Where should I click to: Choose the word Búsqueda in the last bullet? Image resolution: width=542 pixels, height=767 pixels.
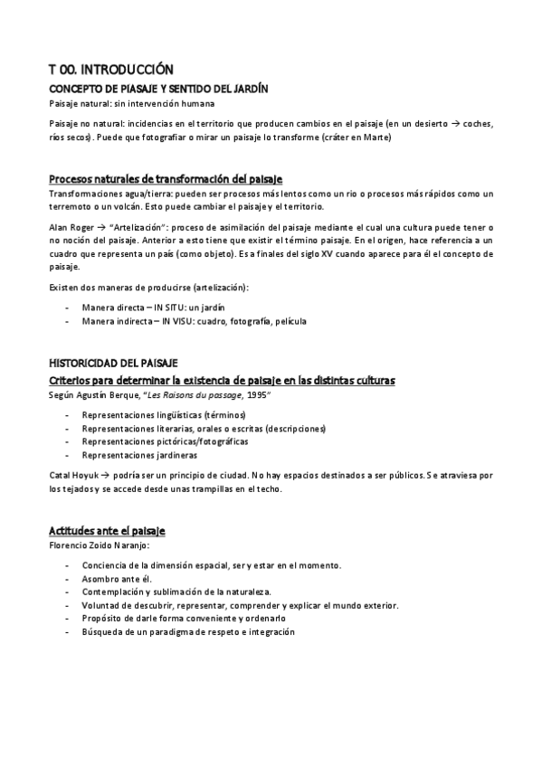[102, 632]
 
